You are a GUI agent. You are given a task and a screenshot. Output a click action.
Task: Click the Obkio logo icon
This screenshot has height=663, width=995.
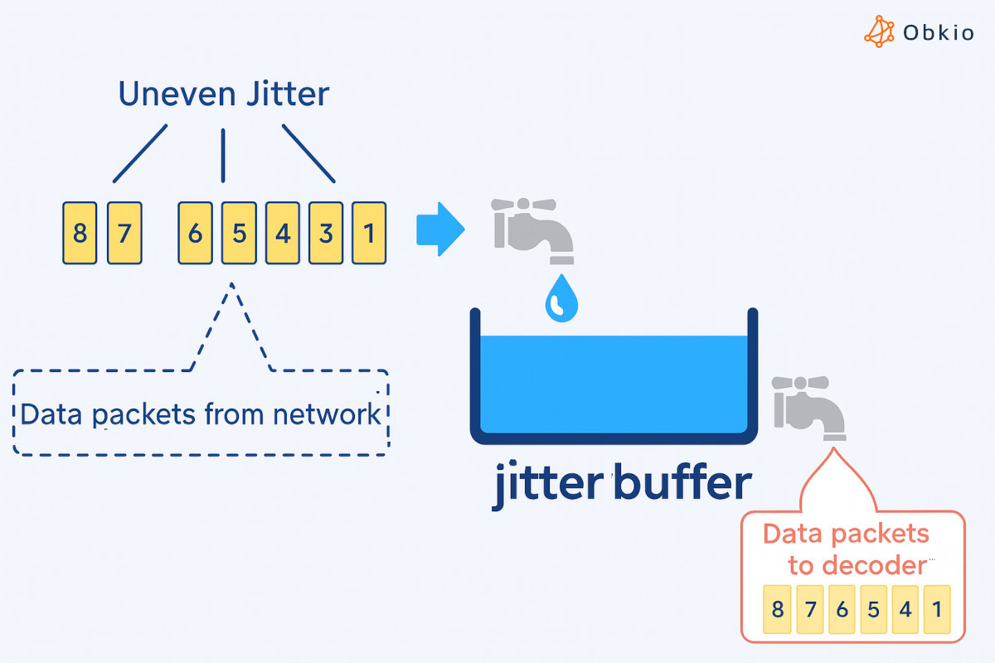click(x=880, y=31)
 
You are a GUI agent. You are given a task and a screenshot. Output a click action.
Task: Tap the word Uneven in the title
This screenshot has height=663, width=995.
click(x=167, y=94)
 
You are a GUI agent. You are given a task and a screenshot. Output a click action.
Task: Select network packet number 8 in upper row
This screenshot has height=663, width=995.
click(x=80, y=233)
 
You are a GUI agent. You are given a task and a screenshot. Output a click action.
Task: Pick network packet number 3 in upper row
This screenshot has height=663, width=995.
click(x=326, y=233)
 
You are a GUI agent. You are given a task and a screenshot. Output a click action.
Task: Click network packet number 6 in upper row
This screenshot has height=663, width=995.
click(x=195, y=233)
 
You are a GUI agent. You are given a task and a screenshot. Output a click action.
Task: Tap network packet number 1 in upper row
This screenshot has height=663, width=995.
click(x=369, y=233)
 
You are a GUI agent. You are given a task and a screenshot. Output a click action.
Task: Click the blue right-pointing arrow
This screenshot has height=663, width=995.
click(x=439, y=228)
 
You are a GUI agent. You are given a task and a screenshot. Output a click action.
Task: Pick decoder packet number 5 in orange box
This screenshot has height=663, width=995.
click(x=873, y=610)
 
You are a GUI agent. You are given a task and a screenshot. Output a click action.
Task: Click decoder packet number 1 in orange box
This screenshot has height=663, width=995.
click(x=936, y=610)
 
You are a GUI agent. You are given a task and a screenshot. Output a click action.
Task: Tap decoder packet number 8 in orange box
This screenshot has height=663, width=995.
click(x=777, y=610)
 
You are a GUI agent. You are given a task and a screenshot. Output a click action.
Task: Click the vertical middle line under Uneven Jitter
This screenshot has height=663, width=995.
click(x=222, y=155)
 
